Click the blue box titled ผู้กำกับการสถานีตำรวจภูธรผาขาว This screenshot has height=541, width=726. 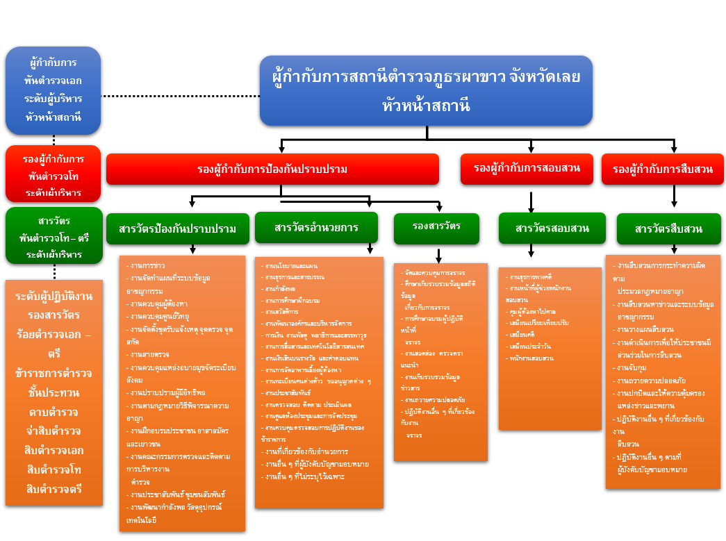pyautogui.click(x=426, y=90)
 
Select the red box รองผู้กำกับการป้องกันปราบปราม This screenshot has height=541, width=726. pyautogui.click(x=272, y=169)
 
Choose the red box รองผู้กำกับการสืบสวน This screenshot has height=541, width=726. pyautogui.click(x=662, y=169)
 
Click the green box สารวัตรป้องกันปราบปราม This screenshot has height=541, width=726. pyautogui.click(x=177, y=228)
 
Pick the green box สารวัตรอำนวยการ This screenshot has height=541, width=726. pyautogui.click(x=316, y=227)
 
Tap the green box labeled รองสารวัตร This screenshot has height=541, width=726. pyautogui.click(x=436, y=227)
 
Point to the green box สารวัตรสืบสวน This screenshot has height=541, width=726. pyautogui.click(x=668, y=228)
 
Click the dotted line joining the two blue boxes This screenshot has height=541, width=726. pyautogui.click(x=181, y=96)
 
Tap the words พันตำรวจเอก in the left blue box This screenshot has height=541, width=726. pyautogui.click(x=53, y=80)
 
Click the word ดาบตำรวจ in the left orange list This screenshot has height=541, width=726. pyautogui.click(x=53, y=412)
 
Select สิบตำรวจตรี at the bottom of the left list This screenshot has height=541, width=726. pyautogui.click(x=53, y=488)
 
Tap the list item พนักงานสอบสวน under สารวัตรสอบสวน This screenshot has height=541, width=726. pyautogui.click(x=531, y=358)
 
